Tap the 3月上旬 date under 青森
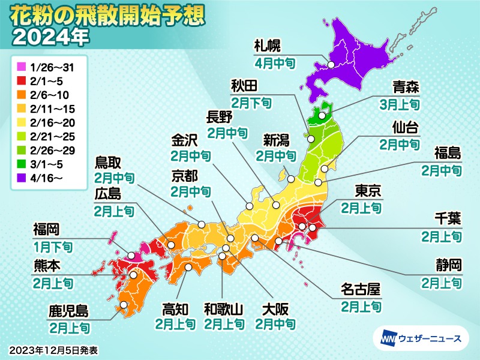[399, 103]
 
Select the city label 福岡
[46, 229]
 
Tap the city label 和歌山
[223, 310]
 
